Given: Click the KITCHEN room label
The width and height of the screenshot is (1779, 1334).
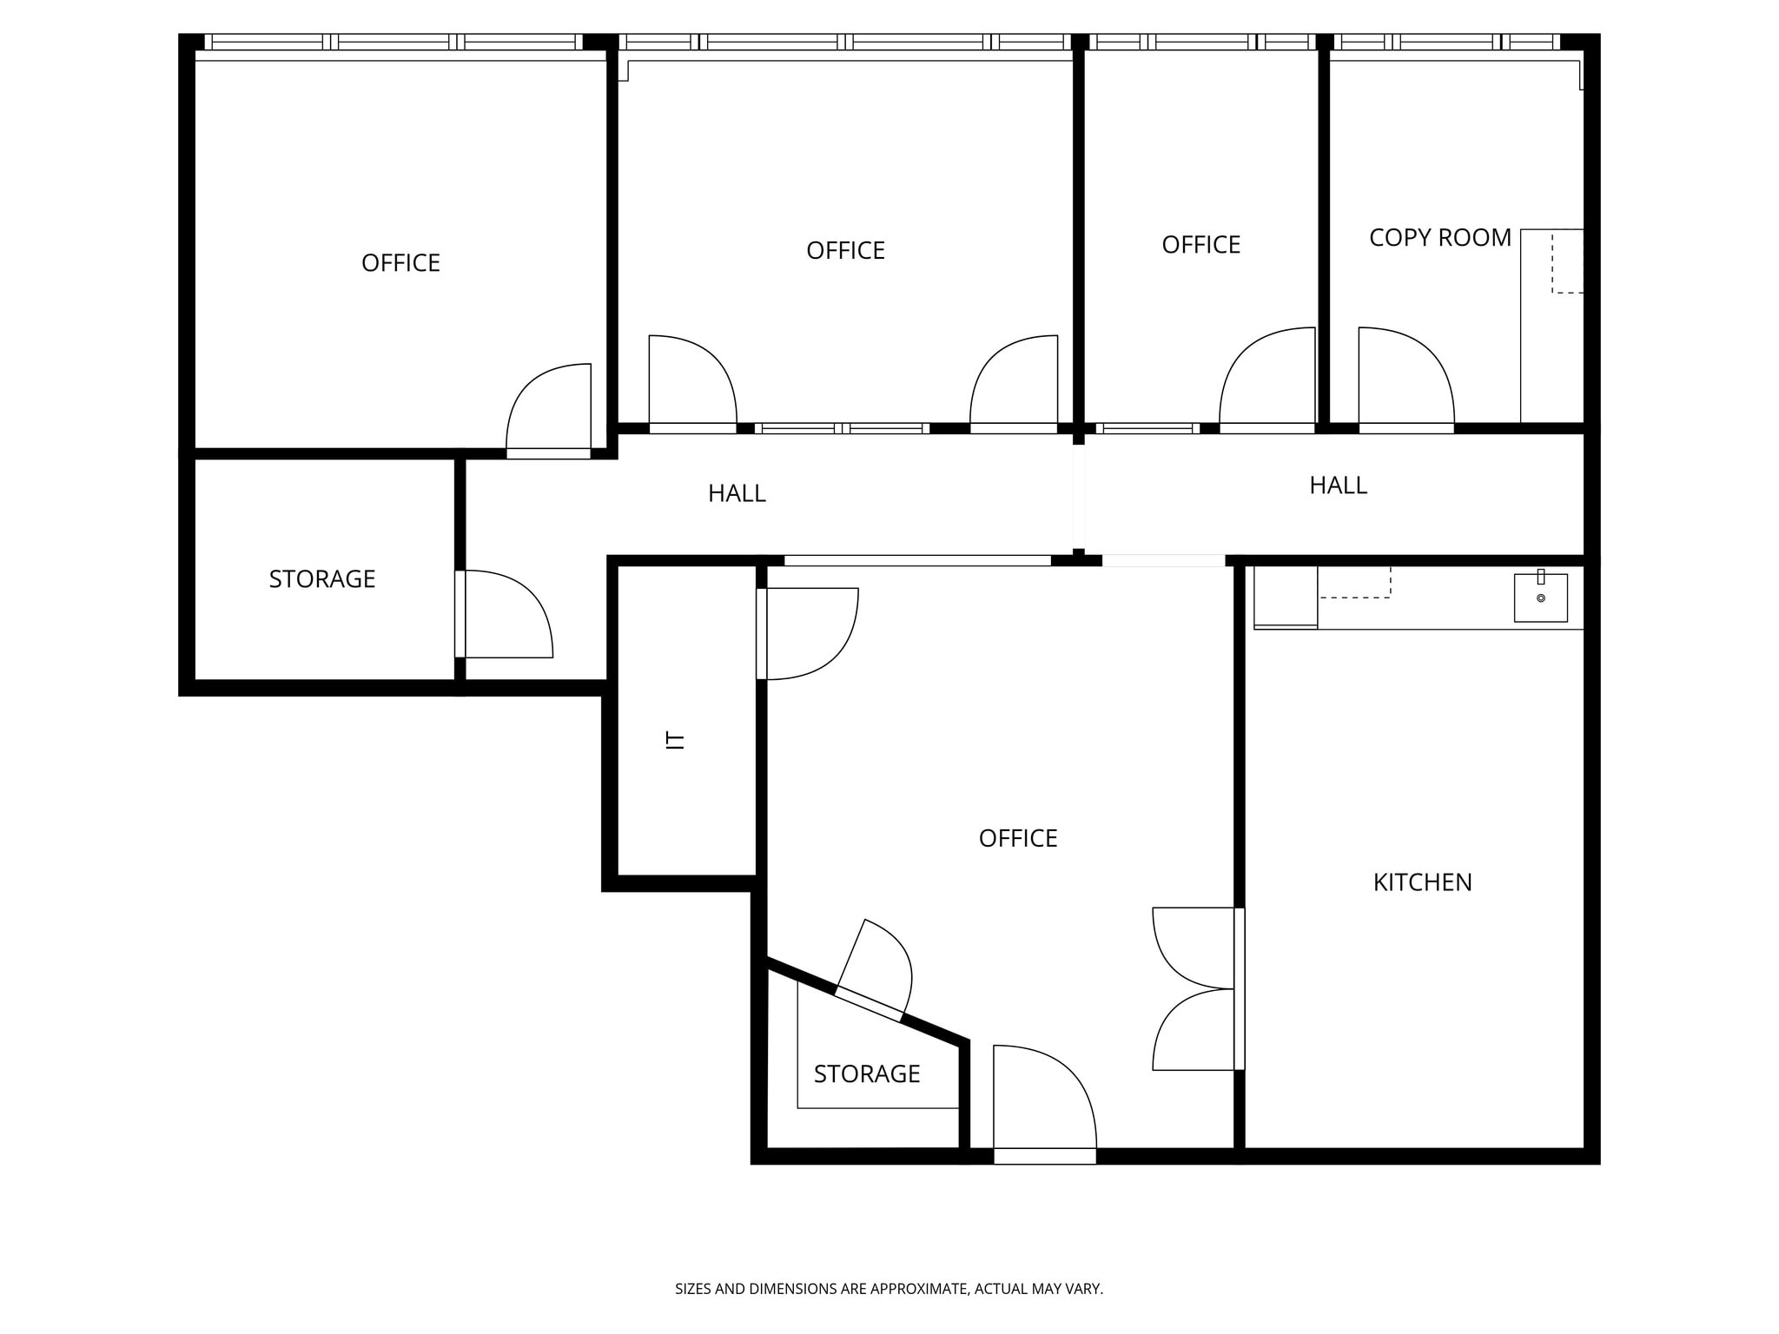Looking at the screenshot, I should click(1422, 882).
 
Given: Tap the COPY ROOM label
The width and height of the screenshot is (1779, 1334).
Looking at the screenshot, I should click(1439, 238).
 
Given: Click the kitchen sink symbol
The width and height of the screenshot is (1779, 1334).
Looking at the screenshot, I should click(1540, 598).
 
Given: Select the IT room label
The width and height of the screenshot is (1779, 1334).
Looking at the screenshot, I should click(675, 740).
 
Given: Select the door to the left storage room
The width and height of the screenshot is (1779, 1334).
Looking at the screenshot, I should click(504, 614).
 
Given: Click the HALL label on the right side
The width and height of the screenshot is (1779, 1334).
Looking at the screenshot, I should click(1338, 485).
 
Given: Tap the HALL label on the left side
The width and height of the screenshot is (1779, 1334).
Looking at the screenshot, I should click(737, 493).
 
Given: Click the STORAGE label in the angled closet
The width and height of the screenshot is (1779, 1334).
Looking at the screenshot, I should click(866, 1074).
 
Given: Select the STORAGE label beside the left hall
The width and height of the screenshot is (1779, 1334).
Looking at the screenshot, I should click(321, 579).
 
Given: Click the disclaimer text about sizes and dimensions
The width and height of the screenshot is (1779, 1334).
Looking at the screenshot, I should click(889, 1289).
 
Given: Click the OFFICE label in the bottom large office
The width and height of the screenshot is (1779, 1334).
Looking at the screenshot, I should click(1017, 838).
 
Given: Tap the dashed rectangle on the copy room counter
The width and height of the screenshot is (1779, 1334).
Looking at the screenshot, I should click(1567, 261).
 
